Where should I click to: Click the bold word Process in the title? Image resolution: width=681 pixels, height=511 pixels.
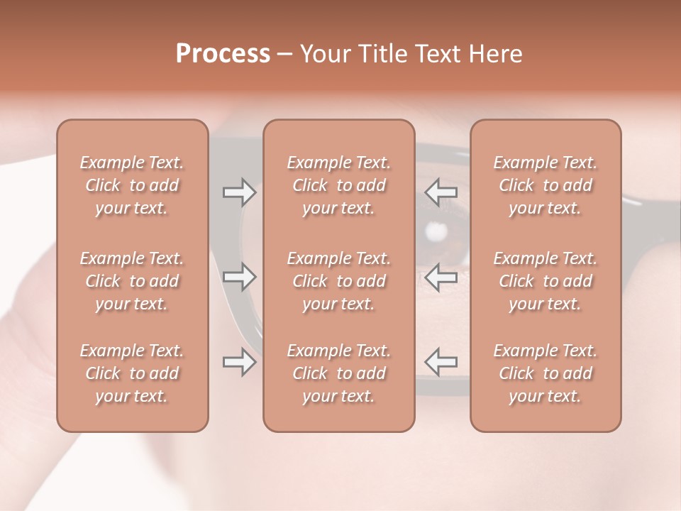point(223,54)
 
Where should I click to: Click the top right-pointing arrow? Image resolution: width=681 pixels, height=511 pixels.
point(239,192)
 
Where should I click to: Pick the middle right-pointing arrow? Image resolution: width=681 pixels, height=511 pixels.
point(239,277)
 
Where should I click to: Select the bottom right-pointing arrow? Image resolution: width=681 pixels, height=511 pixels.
point(239,362)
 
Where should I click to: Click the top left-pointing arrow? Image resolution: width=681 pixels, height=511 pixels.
point(441,192)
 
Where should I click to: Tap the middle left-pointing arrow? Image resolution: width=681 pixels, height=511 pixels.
point(441,277)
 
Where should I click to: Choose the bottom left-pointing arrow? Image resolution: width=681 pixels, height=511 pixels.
point(441,362)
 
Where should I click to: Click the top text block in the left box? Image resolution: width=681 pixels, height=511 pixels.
point(132,185)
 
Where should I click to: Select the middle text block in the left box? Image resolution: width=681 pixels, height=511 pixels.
point(132,281)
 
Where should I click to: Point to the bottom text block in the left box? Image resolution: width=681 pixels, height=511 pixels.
point(132,373)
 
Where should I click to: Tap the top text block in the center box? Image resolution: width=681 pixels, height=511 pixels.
point(338,185)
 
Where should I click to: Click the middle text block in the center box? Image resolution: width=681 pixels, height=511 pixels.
point(338,281)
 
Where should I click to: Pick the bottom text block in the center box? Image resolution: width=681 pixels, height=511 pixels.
point(338,373)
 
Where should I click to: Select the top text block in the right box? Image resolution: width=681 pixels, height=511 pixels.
point(545,185)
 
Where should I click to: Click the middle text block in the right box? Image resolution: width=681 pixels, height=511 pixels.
point(545,281)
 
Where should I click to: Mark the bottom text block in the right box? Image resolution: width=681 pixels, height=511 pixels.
point(545,373)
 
